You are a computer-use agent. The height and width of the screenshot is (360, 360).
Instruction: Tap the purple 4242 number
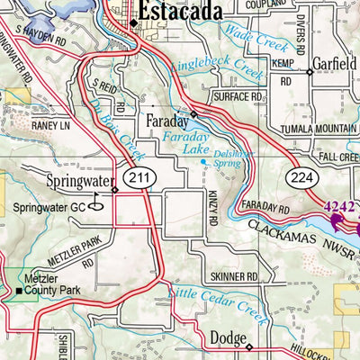pyautogui.click(x=340, y=206)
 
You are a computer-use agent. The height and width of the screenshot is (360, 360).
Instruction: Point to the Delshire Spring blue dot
pyautogui.click(x=203, y=162)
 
